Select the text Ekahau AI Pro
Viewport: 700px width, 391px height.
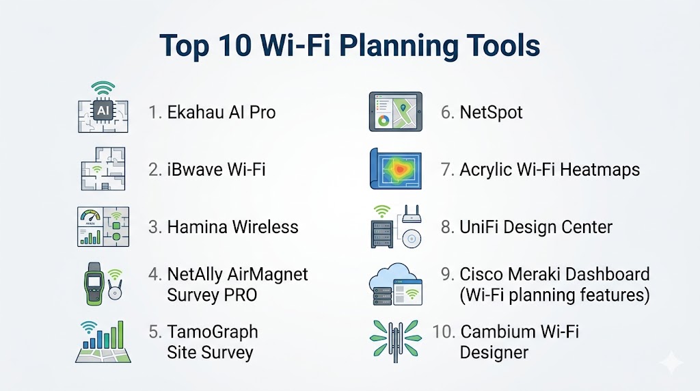pyautogui.click(x=221, y=112)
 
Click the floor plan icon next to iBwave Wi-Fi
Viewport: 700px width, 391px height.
pyautogui.click(x=103, y=169)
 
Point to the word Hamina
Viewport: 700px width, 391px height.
pyautogui.click(x=198, y=227)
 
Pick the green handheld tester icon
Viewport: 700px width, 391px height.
pyautogui.click(x=94, y=284)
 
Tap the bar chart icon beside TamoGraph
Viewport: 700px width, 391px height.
pyautogui.click(x=103, y=341)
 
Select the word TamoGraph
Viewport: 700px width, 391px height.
pyautogui.click(x=213, y=332)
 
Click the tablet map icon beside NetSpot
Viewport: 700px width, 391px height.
pyautogui.click(x=396, y=111)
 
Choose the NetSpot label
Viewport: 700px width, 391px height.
pyautogui.click(x=491, y=113)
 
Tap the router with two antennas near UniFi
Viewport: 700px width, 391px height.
pyautogui.click(x=412, y=214)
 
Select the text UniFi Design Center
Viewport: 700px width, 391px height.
pyautogui.click(x=536, y=227)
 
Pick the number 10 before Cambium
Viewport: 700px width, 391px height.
pyautogui.click(x=443, y=332)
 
